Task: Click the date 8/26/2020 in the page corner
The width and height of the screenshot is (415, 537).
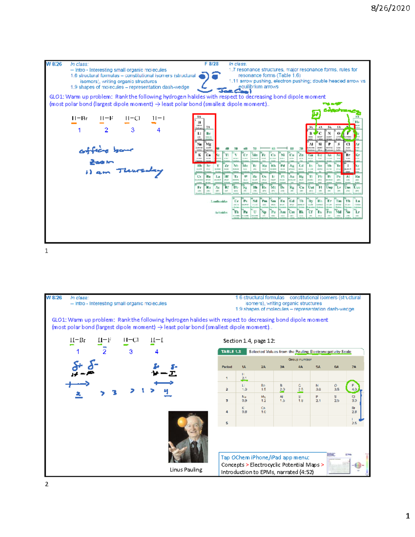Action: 390,8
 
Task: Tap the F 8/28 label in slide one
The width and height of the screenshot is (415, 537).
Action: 211,64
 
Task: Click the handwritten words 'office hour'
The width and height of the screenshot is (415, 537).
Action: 106,150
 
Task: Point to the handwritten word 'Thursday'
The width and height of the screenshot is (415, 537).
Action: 139,171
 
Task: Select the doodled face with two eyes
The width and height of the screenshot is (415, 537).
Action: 209,80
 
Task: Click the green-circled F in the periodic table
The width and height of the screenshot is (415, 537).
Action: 348,133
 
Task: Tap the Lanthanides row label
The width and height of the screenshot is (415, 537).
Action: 219,201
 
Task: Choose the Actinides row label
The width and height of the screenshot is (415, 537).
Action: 221,212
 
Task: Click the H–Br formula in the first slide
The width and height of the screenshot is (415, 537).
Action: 79,118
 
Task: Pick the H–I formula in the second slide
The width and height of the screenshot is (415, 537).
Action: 157,340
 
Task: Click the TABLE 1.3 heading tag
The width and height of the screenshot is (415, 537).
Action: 231,352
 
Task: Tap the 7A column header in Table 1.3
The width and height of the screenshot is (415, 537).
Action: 353,367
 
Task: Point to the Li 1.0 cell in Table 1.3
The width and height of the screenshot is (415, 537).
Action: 244,387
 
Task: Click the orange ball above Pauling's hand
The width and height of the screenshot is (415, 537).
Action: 182,422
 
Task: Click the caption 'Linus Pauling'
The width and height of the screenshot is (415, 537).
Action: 186,470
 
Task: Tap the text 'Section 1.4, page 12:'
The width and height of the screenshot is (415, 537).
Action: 249,341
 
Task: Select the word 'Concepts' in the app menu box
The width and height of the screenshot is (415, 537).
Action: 232,465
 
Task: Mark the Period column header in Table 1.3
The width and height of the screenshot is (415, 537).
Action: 227,367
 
